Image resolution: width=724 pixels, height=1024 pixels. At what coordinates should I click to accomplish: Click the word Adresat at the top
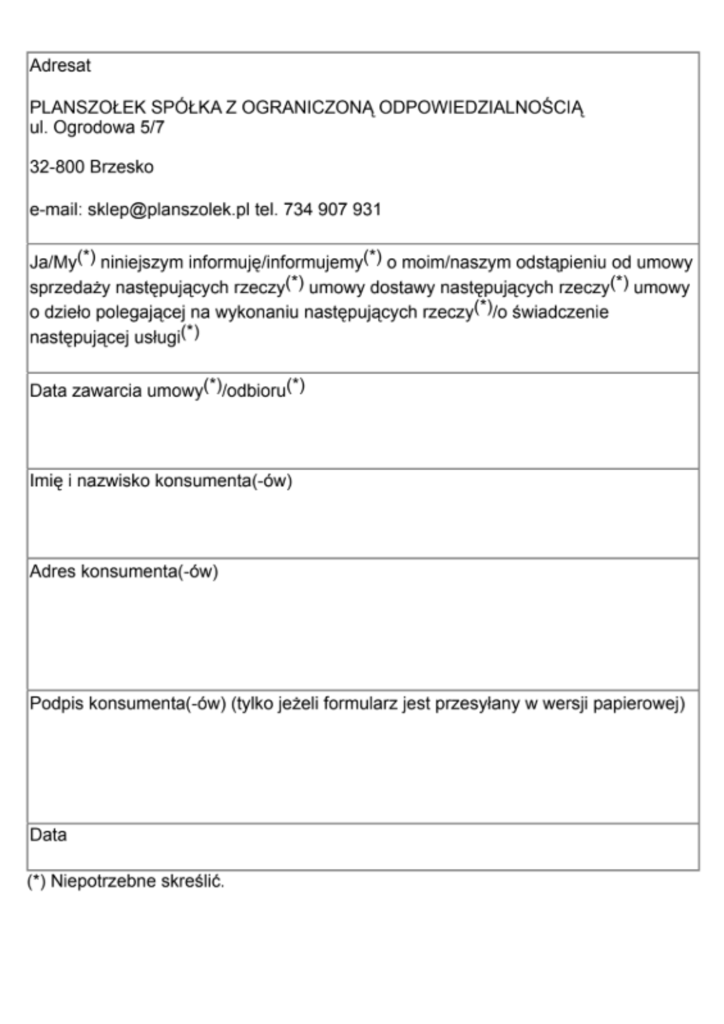pyautogui.click(x=60, y=66)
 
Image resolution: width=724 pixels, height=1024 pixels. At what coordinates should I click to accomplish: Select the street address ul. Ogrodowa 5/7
pyautogui.click(x=97, y=127)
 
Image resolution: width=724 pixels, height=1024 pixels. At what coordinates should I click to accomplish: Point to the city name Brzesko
pyautogui.click(x=122, y=167)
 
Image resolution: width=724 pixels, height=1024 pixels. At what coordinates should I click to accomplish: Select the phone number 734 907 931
pyautogui.click(x=332, y=209)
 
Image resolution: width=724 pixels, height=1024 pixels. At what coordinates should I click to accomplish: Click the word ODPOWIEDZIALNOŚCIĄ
pyautogui.click(x=481, y=108)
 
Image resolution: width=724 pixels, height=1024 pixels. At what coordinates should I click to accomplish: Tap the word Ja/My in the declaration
pyautogui.click(x=53, y=262)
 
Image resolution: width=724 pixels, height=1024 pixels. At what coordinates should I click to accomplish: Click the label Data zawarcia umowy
pyautogui.click(x=116, y=391)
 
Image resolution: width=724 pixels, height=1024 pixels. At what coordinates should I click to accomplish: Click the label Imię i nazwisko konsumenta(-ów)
pyautogui.click(x=161, y=481)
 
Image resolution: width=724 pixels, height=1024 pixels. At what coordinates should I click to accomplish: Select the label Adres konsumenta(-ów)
pyautogui.click(x=124, y=571)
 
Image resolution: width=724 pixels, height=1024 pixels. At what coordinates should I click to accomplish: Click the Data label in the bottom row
pyautogui.click(x=48, y=835)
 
